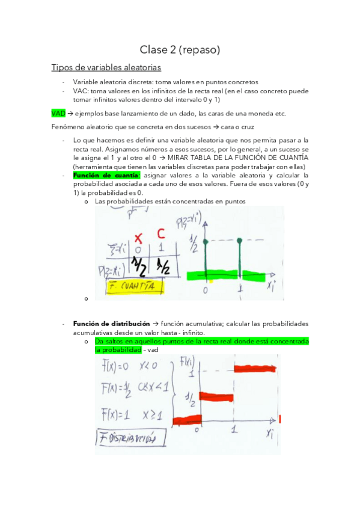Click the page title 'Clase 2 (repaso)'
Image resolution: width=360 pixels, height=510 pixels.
coord(180,49)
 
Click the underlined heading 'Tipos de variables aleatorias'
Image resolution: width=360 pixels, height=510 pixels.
coord(106,67)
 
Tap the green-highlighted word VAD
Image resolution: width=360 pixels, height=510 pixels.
coord(58,113)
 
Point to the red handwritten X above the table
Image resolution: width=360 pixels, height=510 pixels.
coord(139,237)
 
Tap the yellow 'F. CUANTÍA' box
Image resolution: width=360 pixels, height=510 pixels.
coord(134,287)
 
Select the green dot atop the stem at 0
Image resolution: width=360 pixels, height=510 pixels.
coord(206,242)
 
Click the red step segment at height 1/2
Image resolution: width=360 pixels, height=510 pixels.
coord(216,395)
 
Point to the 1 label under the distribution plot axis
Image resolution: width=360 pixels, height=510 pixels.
coord(234,431)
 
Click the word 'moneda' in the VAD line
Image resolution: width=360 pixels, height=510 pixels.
coord(260,113)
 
